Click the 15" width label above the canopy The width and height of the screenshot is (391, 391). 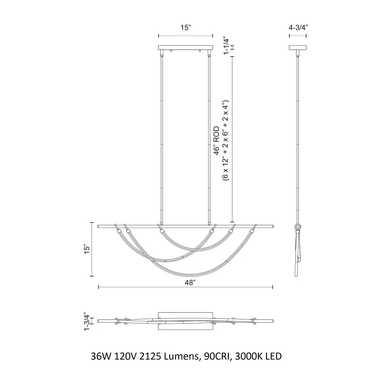pos(186,27)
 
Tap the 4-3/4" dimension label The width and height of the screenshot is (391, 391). pos(298,27)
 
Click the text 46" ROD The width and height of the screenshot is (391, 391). pos(216,141)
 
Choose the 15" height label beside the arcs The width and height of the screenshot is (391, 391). pos(87,249)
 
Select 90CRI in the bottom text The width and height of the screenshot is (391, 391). pos(218,356)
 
